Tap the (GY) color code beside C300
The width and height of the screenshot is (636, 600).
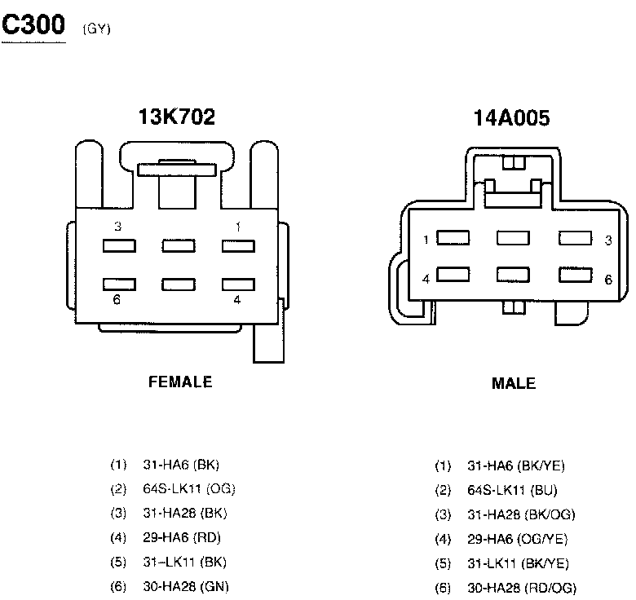point(96,29)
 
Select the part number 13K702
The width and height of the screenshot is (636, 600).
point(177,117)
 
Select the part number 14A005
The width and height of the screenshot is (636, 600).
point(511,119)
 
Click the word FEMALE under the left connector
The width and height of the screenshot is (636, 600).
point(180,382)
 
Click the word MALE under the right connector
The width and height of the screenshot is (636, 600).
point(514,383)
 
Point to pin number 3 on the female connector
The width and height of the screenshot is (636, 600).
point(117,227)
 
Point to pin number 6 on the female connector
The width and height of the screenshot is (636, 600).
point(117,300)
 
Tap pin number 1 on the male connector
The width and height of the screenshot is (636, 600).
point(426,240)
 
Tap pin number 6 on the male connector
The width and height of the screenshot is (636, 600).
point(607,280)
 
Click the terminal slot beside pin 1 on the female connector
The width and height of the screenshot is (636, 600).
point(238,245)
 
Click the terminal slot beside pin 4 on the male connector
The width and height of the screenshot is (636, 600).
point(453,276)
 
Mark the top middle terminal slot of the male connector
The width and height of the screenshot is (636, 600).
point(513,238)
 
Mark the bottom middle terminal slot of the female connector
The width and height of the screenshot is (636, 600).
point(179,285)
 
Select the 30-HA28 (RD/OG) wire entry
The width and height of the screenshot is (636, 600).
point(521,588)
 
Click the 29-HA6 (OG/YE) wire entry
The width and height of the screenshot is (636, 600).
point(517,539)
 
